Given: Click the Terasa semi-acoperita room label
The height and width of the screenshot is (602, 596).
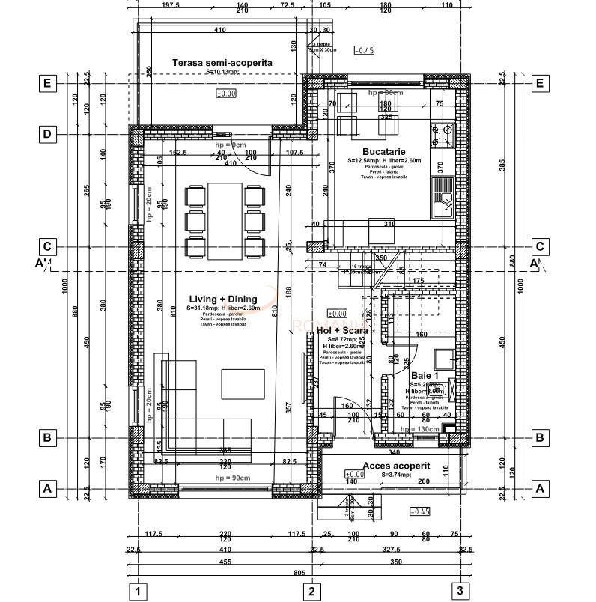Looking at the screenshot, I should [x=222, y=63].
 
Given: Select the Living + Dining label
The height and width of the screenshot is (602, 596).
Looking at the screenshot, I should [x=222, y=299].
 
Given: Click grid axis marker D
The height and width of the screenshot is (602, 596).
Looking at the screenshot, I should [x=47, y=134].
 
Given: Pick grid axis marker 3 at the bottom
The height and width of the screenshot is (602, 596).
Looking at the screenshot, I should [x=460, y=591].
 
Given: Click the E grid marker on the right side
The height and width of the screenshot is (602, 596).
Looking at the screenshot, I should [x=539, y=83].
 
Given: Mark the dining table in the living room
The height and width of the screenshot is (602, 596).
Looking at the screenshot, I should [x=225, y=213].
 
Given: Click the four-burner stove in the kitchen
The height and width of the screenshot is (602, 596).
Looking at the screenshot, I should [x=442, y=136].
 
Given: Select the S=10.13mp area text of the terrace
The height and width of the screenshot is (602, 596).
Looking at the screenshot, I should [x=222, y=73].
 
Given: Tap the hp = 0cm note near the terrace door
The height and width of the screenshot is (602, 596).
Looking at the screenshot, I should [x=231, y=143].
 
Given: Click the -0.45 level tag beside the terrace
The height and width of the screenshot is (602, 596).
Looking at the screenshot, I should [x=365, y=50].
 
